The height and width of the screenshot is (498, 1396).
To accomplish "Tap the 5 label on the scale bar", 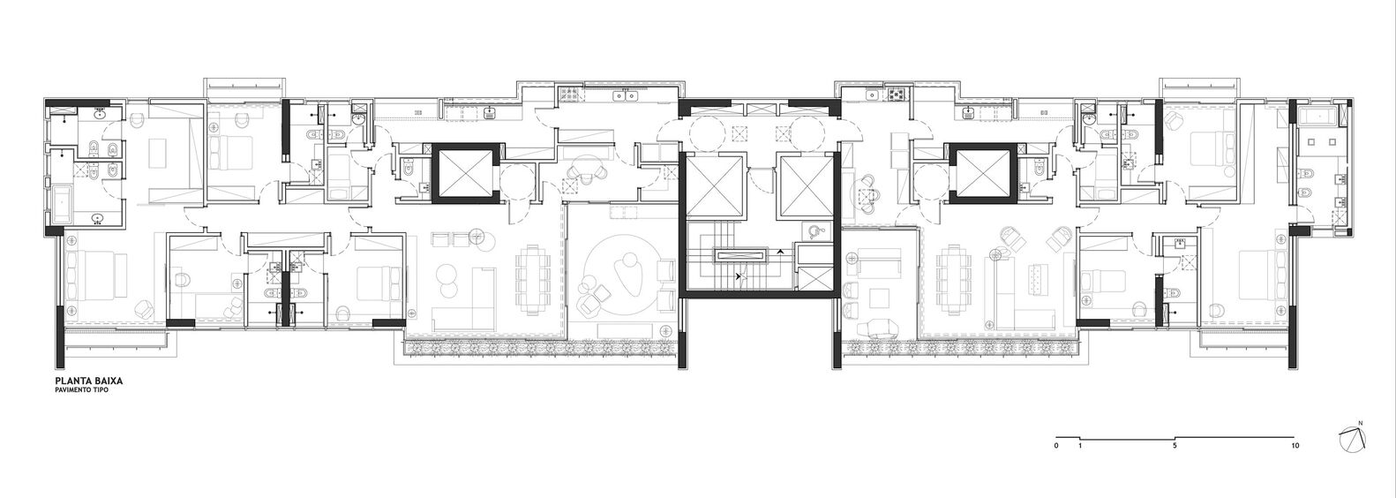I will [x=1175, y=447].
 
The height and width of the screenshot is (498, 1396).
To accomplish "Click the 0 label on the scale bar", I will [x=1056, y=447].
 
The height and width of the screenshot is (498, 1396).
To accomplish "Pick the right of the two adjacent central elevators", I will [x=802, y=185].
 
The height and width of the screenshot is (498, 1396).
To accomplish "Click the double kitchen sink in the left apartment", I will [x=632, y=94].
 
